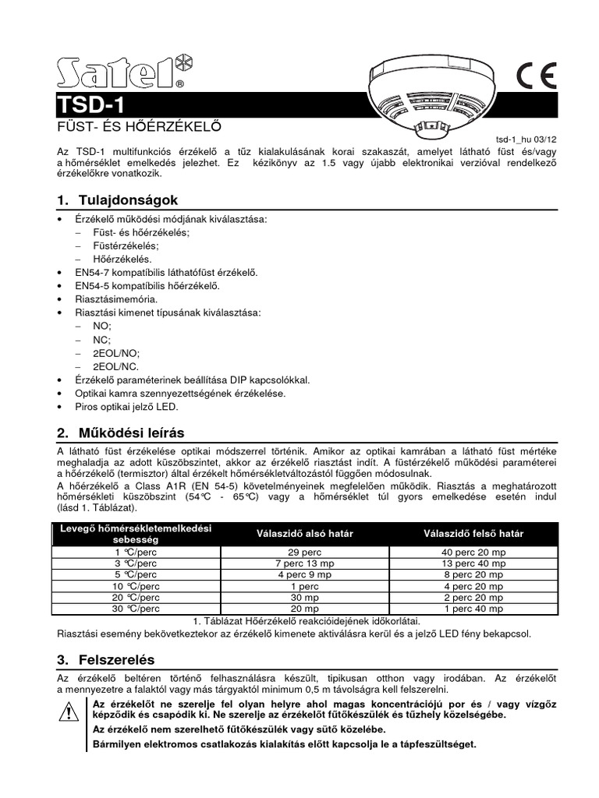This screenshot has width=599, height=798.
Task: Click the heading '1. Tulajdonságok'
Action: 118,200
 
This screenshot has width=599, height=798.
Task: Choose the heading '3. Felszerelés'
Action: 106,659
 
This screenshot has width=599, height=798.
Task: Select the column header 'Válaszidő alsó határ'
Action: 305,534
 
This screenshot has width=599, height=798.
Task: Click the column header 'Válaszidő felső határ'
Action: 473,534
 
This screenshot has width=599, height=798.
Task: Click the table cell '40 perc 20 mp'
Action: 473,552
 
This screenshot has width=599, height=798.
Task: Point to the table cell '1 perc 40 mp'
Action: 473,609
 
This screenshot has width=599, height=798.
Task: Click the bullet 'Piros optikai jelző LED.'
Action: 126,407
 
